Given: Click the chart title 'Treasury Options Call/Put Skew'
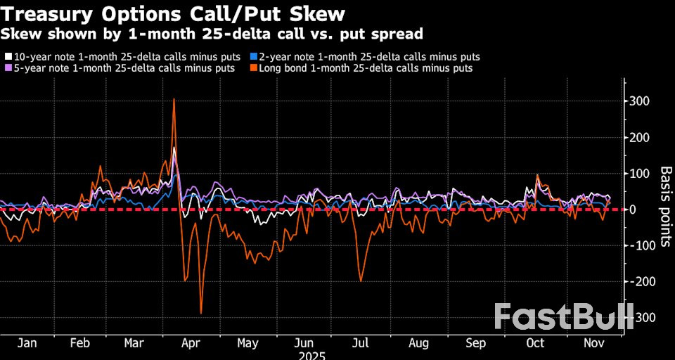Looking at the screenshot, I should coord(173,13).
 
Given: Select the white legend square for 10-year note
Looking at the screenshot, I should coord(8,56).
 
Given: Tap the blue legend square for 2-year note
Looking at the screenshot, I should coord(254,56).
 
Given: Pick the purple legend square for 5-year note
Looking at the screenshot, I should coord(8,68).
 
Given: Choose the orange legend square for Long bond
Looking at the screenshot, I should coord(254,68).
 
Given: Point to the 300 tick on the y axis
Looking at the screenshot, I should coord(639,101).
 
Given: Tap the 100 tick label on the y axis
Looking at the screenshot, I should coord(639,174).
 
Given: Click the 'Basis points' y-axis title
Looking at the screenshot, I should coord(664,208).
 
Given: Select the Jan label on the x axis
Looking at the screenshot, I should coord(26,343).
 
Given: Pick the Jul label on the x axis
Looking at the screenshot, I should coord(359,343).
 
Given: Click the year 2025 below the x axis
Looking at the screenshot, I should coord(311,355).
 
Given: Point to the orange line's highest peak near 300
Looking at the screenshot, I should coord(174,99).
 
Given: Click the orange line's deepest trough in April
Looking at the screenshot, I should coord(201,313).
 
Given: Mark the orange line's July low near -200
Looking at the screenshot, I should coord(361,281).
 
